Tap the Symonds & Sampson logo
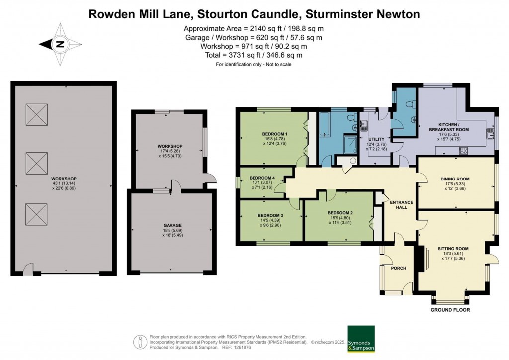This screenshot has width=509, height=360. [x=361, y=339]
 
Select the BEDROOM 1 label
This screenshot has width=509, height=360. [x=275, y=134]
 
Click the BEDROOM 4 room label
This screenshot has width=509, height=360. [x=262, y=178]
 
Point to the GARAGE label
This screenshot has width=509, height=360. [x=172, y=225]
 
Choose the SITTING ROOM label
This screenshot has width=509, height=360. [x=453, y=248]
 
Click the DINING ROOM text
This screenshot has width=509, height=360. [x=455, y=179]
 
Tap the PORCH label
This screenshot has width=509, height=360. [x=398, y=268]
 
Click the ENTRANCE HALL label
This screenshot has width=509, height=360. [x=398, y=205]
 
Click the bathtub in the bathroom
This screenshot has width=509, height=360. [x=324, y=125]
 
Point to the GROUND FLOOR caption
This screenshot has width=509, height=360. [x=450, y=310]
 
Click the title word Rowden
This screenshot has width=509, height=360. [x=110, y=14]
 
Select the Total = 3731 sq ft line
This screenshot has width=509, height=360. [x=253, y=55]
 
